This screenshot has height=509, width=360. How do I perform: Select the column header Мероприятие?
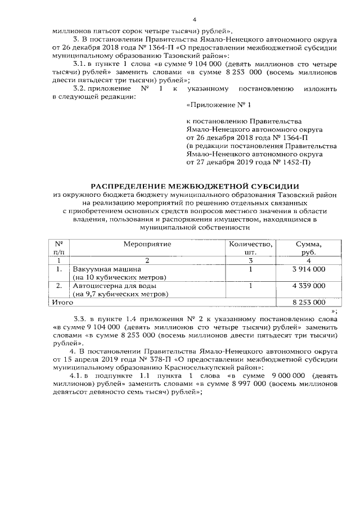pyautogui.click(x=147, y=244)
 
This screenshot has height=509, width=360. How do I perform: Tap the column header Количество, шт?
pyautogui.click(x=250, y=248)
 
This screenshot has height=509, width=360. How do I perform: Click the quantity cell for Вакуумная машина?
pyautogui.click(x=250, y=269)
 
